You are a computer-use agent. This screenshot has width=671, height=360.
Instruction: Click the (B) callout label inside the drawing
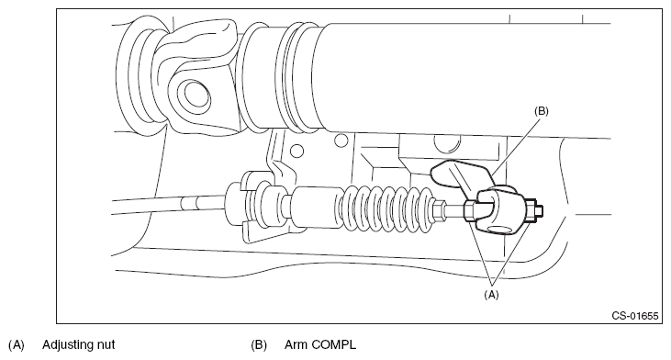541,111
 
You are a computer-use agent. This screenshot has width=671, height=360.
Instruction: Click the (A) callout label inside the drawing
491,295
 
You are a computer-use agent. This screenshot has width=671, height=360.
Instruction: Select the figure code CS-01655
634,316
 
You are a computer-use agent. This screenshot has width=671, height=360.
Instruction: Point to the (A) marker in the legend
17,345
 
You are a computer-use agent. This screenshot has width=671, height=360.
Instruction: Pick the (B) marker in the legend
259,345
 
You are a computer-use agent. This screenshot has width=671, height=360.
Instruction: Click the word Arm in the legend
296,344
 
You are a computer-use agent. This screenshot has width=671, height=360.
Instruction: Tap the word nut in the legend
107,345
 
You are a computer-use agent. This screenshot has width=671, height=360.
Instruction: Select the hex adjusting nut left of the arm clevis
469,211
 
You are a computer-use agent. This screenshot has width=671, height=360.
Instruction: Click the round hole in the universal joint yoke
196,96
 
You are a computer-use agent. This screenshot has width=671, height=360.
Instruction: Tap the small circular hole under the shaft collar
296,152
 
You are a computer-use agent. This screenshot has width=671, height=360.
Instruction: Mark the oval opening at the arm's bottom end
501,229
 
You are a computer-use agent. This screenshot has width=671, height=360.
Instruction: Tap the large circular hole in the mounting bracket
447,143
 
